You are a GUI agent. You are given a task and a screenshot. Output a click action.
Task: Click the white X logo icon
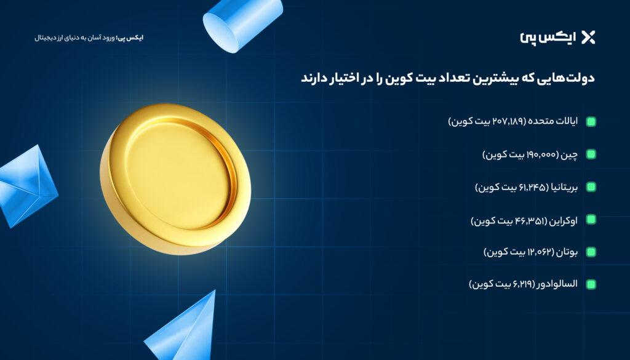coord(588,37)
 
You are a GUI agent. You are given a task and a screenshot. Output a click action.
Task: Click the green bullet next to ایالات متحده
coord(591,122)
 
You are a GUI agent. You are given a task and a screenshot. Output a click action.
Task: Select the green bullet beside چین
coord(591,154)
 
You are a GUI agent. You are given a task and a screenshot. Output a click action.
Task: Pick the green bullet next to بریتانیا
coord(591,187)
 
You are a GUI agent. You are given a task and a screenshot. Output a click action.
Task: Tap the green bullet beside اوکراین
coord(591,220)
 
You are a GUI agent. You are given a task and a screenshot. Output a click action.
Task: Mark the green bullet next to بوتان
coord(591,252)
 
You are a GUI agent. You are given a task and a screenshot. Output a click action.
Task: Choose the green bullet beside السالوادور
coord(591,284)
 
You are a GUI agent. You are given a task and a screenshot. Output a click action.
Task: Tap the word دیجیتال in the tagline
coord(46,38)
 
